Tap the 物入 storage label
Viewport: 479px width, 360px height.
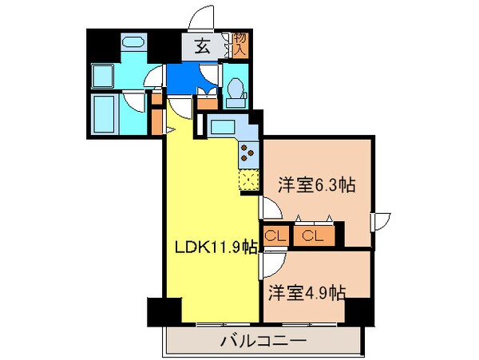[240, 45]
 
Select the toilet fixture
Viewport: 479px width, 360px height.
[236, 93]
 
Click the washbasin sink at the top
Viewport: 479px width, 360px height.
[133, 42]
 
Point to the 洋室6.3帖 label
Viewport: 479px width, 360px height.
[316, 185]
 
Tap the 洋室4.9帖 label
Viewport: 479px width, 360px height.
[306, 292]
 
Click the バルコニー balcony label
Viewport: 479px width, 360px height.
[263, 342]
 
